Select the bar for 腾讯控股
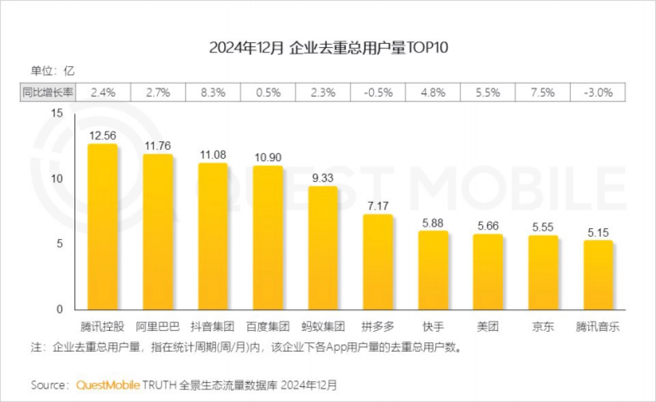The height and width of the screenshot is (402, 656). tap(103, 227)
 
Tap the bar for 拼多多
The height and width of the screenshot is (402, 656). tap(378, 263)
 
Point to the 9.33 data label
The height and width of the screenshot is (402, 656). tap(323, 178)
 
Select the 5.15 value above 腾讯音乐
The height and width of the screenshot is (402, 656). tap(598, 232)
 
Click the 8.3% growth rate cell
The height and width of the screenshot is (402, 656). tap(213, 92)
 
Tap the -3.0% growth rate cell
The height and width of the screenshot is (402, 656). tap(598, 92)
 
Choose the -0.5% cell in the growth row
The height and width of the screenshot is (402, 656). tap(378, 92)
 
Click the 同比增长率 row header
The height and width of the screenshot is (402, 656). tap(48, 92)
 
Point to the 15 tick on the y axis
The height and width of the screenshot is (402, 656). tap(57, 113)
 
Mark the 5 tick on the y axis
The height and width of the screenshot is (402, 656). tap(60, 243)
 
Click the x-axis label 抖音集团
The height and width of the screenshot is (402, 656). tap(212, 327)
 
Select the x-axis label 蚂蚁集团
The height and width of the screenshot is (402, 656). tap(323, 327)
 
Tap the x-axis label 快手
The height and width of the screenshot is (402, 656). tap(433, 327)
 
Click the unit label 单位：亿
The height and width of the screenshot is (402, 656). tap(52, 71)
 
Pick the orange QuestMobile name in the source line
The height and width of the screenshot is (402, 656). tap(108, 384)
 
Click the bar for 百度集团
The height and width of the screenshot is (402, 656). tap(268, 238)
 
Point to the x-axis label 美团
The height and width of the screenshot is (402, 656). tap(488, 327)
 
